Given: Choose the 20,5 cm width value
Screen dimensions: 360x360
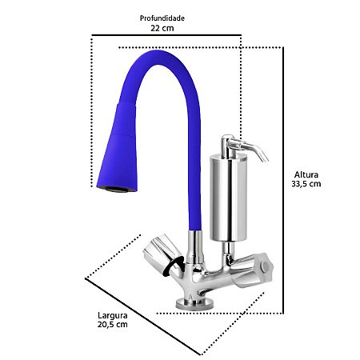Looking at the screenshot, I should (110, 325).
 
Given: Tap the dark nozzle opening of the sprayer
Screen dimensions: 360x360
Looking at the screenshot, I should (112, 189).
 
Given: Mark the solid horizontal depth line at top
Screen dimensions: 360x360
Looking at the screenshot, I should (166, 36).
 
